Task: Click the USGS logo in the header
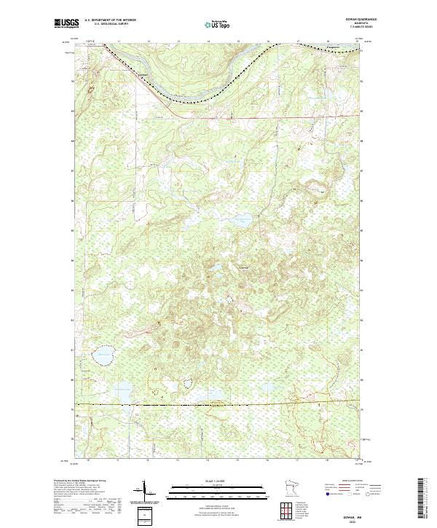point(66,24)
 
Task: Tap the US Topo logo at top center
point(219,25)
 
